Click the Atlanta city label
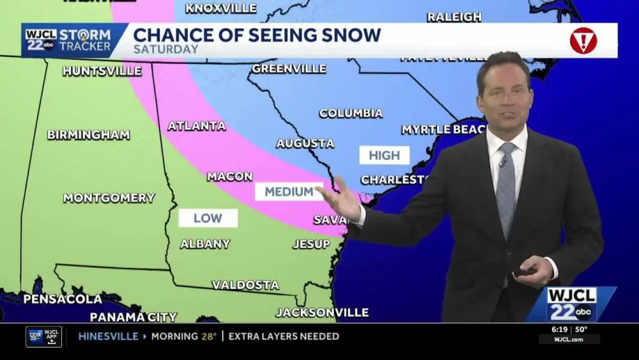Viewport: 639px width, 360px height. [x=196, y=126]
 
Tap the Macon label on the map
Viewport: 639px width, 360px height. [x=229, y=176]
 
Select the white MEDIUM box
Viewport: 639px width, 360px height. [x=289, y=191]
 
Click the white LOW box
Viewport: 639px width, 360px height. [x=208, y=218]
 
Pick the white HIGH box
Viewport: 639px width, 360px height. [x=384, y=155]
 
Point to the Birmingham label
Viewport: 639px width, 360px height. [x=88, y=135]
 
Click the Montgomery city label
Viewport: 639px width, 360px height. [x=109, y=198]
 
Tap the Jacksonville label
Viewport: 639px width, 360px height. [x=322, y=313]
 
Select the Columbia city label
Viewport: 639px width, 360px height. [x=351, y=113]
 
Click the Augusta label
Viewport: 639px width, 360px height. [x=305, y=144]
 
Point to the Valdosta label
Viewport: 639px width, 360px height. [x=245, y=285]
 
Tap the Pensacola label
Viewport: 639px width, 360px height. [x=63, y=299]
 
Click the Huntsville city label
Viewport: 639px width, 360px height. [x=102, y=71]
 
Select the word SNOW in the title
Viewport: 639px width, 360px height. [x=350, y=35]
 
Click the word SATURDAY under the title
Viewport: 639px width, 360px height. [x=166, y=49]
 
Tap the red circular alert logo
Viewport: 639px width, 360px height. [x=583, y=40]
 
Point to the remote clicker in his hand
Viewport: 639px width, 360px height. [x=524, y=271]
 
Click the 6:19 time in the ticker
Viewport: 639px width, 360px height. [x=560, y=329]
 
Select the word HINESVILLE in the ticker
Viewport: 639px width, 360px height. [x=108, y=336]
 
